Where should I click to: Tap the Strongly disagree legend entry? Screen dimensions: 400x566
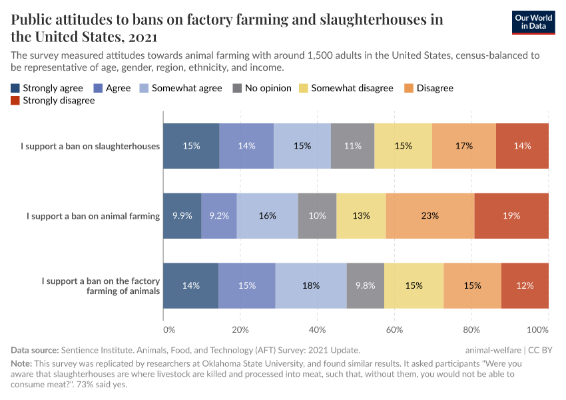53,101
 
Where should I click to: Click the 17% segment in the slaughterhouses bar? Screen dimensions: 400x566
464,146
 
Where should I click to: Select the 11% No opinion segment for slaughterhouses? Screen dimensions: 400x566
352,146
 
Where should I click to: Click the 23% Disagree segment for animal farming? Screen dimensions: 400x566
430,216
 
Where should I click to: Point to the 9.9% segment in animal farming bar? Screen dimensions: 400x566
182,216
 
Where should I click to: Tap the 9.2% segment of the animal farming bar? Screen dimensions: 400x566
219,216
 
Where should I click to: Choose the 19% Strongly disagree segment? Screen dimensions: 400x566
511,216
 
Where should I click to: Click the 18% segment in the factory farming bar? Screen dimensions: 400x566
311,285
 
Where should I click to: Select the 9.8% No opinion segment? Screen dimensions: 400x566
365,285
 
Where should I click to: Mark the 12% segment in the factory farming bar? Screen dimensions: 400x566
525,285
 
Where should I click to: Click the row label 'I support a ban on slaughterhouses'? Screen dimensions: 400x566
91,146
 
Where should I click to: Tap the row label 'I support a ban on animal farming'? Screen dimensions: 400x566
93,216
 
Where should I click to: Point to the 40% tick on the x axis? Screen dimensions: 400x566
318,329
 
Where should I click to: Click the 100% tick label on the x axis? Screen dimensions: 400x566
537,329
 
